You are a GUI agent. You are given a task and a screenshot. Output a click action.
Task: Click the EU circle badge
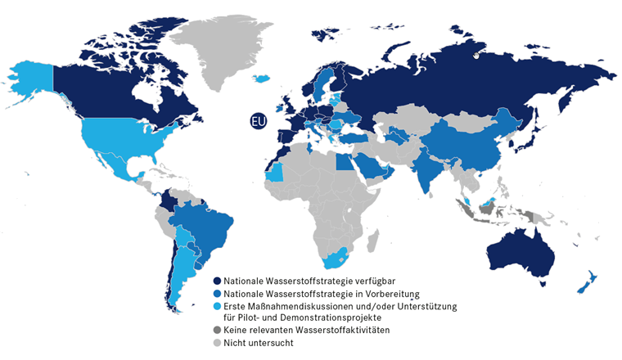(x=259, y=121)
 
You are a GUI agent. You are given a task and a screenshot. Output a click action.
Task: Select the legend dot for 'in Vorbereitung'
(x=217, y=293)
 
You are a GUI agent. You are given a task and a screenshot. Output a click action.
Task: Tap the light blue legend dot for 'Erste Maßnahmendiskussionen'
(x=217, y=305)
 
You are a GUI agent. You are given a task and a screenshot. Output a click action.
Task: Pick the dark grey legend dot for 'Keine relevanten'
(x=217, y=331)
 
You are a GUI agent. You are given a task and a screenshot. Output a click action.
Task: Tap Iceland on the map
(x=262, y=79)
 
